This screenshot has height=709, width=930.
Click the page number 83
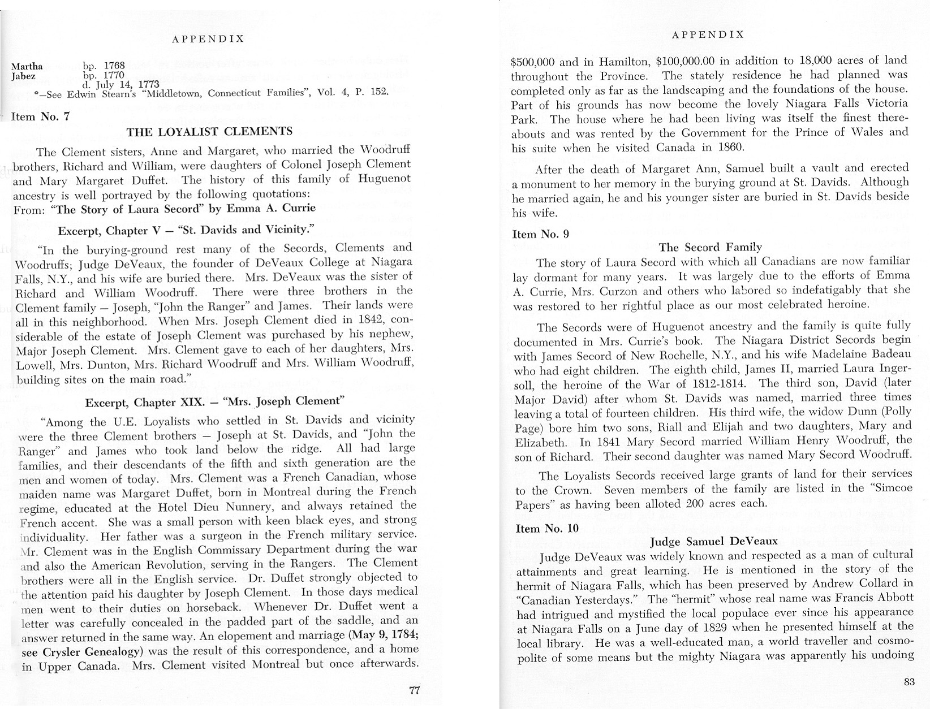tap(909, 682)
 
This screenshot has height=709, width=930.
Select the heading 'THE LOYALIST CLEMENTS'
tap(209, 132)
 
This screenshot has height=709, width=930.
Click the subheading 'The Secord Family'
tap(711, 247)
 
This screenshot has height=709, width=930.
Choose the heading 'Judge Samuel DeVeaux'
tap(714, 542)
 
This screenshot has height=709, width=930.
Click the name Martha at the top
tap(27, 67)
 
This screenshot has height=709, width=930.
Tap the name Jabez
tap(24, 76)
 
